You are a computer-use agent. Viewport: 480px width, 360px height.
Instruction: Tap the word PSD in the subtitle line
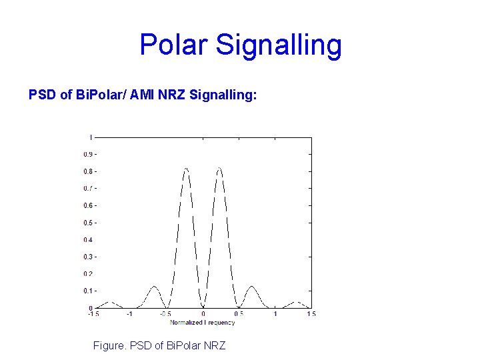43,95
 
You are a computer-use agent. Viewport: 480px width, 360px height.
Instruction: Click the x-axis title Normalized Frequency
202,323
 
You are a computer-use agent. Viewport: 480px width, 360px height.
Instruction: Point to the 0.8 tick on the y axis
87,171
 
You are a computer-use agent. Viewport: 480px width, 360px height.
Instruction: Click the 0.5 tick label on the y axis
87,223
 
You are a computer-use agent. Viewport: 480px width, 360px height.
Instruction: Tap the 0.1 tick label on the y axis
87,291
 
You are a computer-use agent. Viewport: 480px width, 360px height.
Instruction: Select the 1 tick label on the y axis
90,137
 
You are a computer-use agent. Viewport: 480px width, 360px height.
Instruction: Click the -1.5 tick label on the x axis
93,314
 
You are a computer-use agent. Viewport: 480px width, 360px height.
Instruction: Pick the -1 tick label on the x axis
129,314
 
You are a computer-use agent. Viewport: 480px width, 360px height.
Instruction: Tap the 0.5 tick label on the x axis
239,314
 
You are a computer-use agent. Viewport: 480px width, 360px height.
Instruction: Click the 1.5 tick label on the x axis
311,314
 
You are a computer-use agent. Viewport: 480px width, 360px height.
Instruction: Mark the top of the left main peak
186,168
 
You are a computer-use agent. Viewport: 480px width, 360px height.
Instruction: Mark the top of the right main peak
219,168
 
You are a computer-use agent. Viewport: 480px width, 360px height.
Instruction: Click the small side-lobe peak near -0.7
154,287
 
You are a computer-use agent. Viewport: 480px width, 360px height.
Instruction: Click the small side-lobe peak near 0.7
252,287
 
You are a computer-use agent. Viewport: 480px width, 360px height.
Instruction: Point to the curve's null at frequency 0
203,307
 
